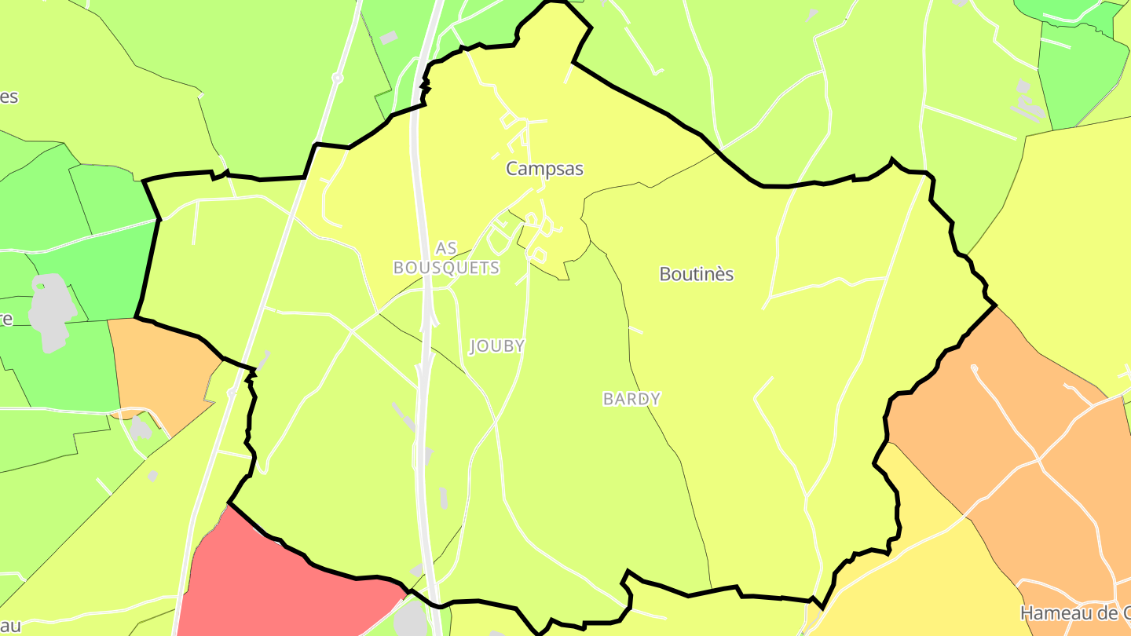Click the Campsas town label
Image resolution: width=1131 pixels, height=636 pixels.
click(x=544, y=169)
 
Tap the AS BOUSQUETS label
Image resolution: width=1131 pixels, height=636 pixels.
click(x=446, y=258)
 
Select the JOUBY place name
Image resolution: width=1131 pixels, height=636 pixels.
click(x=496, y=346)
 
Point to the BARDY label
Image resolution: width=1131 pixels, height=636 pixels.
click(x=631, y=399)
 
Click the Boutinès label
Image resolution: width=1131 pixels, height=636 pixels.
click(x=696, y=274)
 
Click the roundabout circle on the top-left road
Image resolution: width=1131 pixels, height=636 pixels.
click(x=337, y=78)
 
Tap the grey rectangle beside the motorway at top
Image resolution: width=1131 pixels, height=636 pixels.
click(x=388, y=38)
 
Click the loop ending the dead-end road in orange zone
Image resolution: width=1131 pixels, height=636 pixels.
click(x=974, y=367)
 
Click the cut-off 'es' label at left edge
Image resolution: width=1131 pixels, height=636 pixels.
click(x=9, y=97)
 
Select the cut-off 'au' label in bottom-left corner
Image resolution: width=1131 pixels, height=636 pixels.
click(x=9, y=627)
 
